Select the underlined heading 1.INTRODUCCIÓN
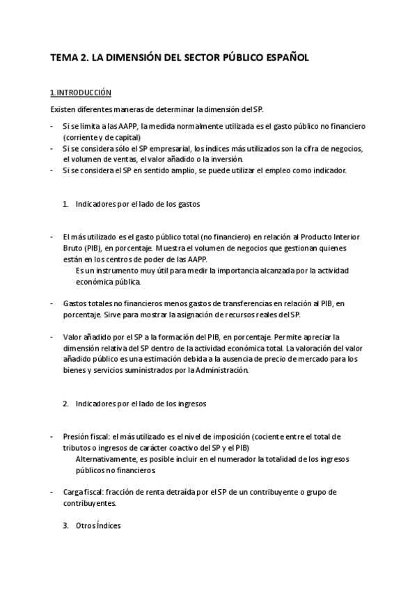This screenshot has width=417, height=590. pyautogui.click(x=81, y=93)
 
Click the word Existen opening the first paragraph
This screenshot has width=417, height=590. pyautogui.click(x=63, y=109)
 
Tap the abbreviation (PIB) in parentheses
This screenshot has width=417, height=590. pyautogui.click(x=91, y=247)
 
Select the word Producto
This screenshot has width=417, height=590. pyautogui.click(x=305, y=236)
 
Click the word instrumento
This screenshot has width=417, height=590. pyautogui.click(x=116, y=270)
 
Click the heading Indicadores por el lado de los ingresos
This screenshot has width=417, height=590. pyautogui.click(x=141, y=404)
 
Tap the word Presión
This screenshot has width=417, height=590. pyautogui.click(x=76, y=436)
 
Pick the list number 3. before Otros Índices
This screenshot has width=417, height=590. pyautogui.click(x=65, y=526)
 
